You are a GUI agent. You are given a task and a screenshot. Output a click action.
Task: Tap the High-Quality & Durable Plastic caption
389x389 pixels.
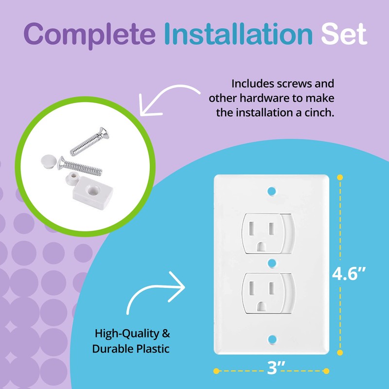click(x=133, y=341)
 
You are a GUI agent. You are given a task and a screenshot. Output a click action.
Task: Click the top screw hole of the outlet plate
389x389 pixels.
click(x=271, y=189)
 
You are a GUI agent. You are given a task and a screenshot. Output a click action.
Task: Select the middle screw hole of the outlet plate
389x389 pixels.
click(x=271, y=263)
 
